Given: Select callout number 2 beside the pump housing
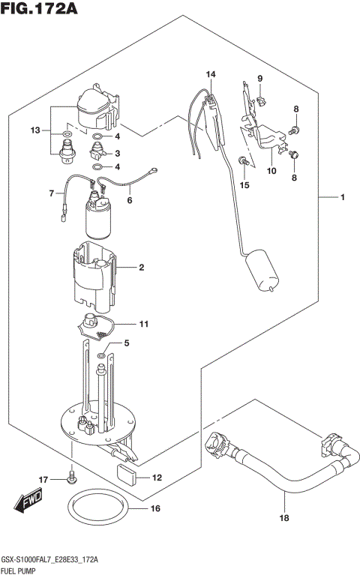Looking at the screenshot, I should click(140, 267).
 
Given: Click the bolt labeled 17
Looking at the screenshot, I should click(73, 475).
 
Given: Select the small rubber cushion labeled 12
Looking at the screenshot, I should click(126, 474).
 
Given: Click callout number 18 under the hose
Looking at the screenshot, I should click(284, 517).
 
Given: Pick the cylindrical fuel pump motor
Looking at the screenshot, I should click(99, 219).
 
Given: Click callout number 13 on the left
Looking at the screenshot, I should click(34, 131).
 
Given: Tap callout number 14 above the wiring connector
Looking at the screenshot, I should click(211, 74).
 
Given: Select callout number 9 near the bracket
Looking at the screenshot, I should click(260, 79).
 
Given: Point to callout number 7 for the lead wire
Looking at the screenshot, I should click(52, 193).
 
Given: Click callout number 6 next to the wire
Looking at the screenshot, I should click(128, 200).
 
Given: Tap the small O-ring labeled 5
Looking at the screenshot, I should click(101, 355).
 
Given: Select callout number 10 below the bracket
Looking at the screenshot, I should click(271, 171).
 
